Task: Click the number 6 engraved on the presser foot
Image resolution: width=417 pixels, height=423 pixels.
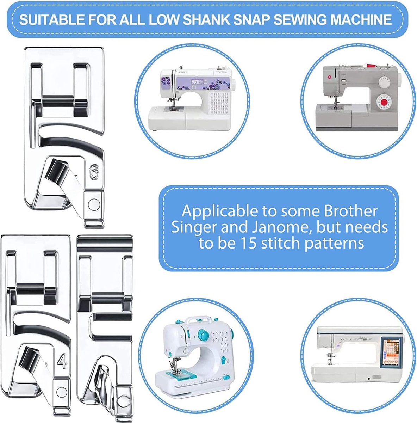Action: click(x=93, y=173)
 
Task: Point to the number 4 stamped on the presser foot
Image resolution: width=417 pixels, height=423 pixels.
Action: click(x=62, y=362)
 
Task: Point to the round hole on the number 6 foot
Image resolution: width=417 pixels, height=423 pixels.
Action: click(x=94, y=203)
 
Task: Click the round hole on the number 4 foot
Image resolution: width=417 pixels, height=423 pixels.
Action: click(x=62, y=391)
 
